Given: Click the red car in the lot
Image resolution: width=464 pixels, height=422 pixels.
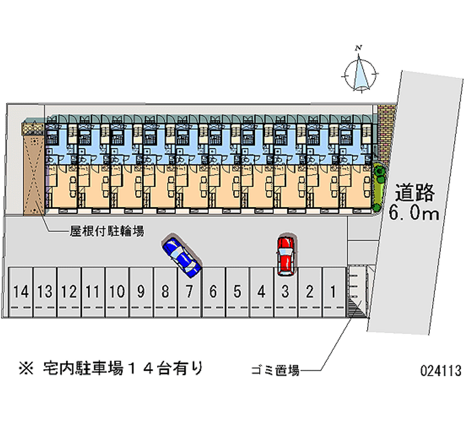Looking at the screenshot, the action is pos(285,255).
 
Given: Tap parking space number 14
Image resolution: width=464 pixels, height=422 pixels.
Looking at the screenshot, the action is pos(20,292).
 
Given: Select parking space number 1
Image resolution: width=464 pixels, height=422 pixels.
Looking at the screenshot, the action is pos(333,292).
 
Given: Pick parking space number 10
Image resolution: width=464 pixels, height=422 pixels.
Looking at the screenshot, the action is pos(117,292).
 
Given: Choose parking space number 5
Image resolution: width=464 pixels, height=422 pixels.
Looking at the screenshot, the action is pos(237,292).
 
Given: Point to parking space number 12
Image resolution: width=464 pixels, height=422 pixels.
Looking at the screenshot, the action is pos(69,292).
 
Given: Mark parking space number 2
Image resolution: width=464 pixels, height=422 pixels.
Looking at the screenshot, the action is pos(310,292).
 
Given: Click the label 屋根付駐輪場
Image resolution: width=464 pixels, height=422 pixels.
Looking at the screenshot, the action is pos(107,231).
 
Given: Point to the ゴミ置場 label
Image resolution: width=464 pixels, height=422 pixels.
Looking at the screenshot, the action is pos(275,370).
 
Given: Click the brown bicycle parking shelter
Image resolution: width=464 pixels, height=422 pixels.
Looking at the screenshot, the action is pos(33,168).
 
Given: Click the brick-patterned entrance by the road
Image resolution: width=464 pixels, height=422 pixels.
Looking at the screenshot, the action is pos(385,131).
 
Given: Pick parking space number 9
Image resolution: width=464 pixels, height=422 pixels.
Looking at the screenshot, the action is pos(141,292).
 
